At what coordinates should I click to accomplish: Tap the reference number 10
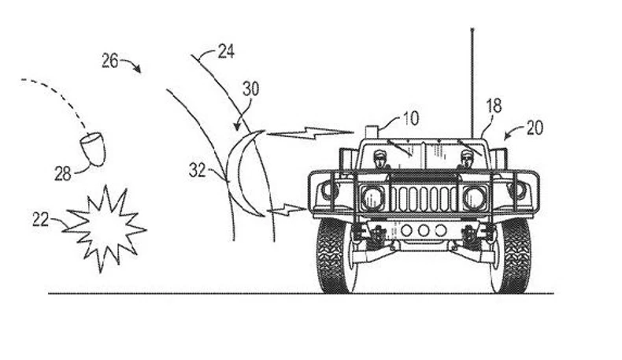tap(410, 119)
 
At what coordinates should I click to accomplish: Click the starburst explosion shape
tap(105, 228)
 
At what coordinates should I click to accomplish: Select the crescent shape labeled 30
tap(244, 175)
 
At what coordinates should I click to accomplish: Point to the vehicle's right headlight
tap(474, 197)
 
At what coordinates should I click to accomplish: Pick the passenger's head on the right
tap(466, 155)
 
